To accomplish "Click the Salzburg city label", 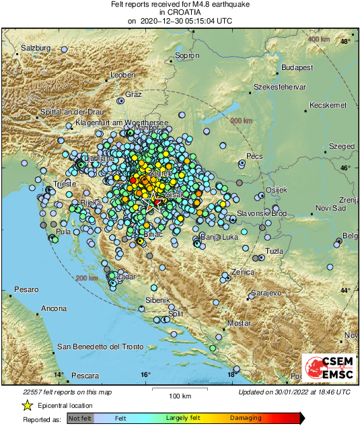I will [36, 48].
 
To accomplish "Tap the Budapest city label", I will [297, 68].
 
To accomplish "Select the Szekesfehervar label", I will [280, 87].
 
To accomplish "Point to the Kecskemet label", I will [327, 105].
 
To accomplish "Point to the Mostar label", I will [239, 324].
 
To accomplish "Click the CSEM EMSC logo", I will [328, 368].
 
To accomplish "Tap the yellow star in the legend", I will [27, 406].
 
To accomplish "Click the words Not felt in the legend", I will [80, 418].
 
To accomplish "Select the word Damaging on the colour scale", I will [246, 418].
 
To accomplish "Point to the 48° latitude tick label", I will [345, 42].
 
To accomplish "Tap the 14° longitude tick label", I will [59, 375].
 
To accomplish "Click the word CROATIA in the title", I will [180, 12].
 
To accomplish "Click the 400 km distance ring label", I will [318, 40].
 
